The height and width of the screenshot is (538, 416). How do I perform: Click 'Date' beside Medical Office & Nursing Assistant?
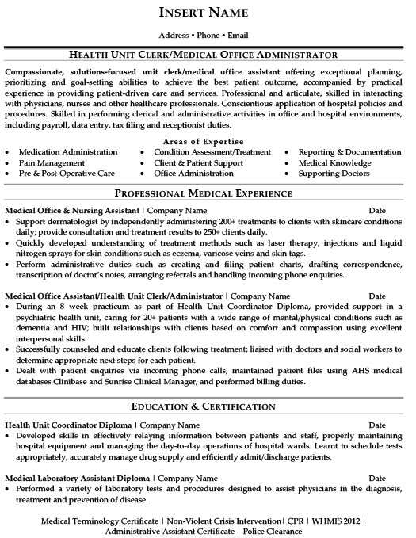(380, 211)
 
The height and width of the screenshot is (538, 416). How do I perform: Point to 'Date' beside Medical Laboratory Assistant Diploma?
(380, 479)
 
